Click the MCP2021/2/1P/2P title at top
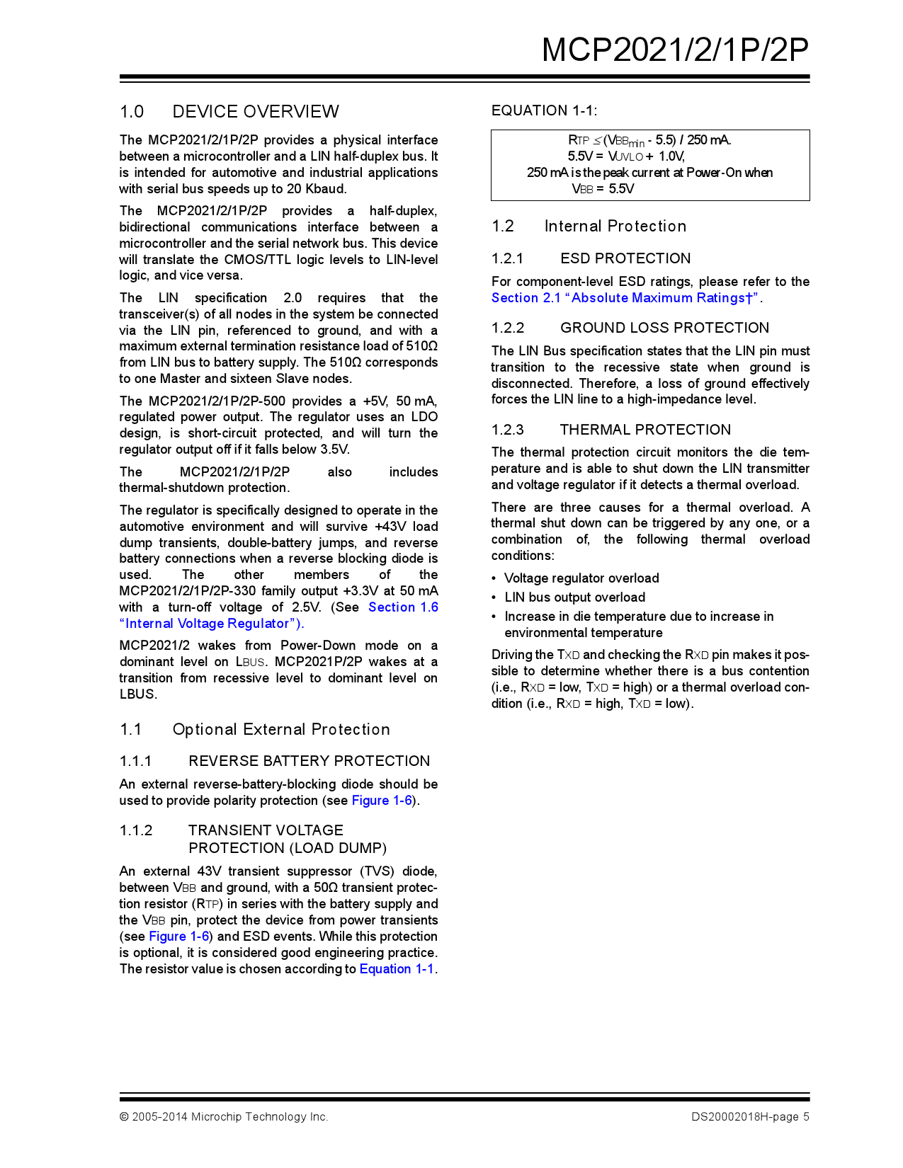tap(675, 50)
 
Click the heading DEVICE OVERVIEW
tap(255, 112)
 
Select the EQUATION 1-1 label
tap(544, 110)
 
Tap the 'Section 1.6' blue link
tap(403, 607)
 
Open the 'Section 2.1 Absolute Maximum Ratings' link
tap(625, 298)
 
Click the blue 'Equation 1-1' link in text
tap(397, 969)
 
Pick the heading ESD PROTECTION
tap(625, 258)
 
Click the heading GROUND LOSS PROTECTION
tap(664, 328)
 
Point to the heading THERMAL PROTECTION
tap(645, 430)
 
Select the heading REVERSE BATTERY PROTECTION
tap(309, 761)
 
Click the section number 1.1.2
tap(136, 830)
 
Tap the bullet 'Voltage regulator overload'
tap(581, 578)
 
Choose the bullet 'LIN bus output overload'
tap(574, 597)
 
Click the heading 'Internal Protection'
tap(615, 227)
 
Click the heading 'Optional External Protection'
tap(281, 730)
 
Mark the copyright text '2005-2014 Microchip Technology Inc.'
tap(229, 1117)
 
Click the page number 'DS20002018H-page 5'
tap(750, 1117)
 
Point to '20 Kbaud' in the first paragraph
tap(316, 189)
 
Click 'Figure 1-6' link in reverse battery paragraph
tap(382, 801)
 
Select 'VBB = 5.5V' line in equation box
tap(603, 189)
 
